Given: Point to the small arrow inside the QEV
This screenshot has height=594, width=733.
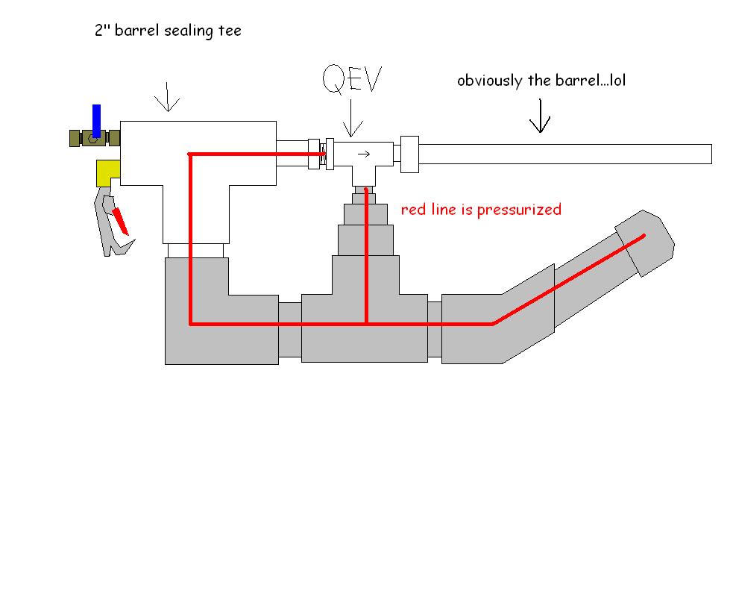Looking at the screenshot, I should (364, 154).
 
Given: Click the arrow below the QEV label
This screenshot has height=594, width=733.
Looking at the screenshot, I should (349, 119).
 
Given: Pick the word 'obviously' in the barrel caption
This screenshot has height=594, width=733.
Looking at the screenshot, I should (489, 80).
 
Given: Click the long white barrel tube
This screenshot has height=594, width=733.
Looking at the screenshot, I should (567, 154).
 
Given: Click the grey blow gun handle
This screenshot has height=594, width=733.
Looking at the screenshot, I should (106, 224).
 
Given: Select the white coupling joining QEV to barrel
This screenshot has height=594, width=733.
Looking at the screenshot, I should (410, 154).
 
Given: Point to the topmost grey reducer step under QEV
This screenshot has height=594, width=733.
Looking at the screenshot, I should (365, 194).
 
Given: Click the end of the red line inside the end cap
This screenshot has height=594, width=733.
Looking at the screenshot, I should (644, 238).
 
